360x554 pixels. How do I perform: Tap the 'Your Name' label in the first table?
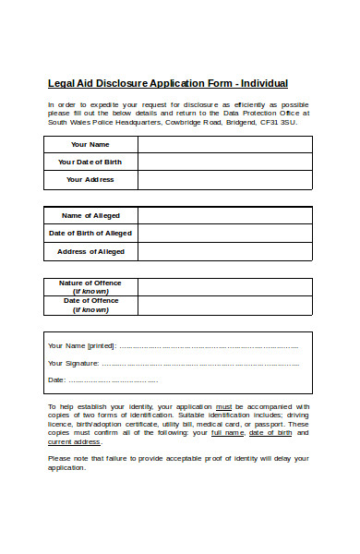pos(90,144)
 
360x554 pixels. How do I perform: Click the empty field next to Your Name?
pos(224,144)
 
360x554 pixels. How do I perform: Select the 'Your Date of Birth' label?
pos(90,162)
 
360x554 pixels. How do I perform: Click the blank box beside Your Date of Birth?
pos(224,162)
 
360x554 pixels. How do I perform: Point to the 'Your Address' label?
pos(90,179)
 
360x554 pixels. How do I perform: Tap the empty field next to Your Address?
pos(224,179)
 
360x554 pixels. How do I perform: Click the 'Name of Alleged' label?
pos(90,215)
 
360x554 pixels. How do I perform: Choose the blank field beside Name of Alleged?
pos(224,215)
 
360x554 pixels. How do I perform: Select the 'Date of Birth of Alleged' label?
pos(90,233)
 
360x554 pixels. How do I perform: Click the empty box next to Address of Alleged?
pos(224,251)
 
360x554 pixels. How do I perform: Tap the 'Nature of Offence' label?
pos(90,283)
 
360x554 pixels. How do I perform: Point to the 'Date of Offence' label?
pos(90,301)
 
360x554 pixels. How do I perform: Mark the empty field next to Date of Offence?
pos(224,306)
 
